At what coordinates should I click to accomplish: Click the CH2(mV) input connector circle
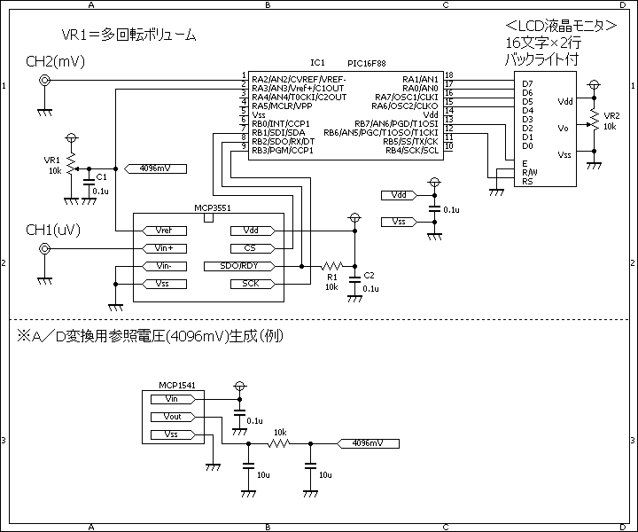[x=44, y=80]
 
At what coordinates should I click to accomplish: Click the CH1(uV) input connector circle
[x=44, y=248]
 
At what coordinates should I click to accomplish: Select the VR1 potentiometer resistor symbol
[x=72, y=164]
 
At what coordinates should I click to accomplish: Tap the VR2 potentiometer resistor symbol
[x=594, y=120]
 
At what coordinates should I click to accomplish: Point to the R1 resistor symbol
[x=331, y=266]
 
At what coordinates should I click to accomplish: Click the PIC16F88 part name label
[x=367, y=64]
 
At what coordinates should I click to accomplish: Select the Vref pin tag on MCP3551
[x=165, y=231]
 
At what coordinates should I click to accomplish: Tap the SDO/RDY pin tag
[x=239, y=266]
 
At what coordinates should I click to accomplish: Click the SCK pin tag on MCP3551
[x=253, y=284]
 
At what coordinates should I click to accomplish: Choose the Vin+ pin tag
[x=165, y=248]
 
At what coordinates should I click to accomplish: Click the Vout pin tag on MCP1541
[x=173, y=417]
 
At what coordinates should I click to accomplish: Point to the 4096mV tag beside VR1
[x=155, y=168]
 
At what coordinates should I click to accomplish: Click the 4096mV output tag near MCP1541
[x=368, y=443]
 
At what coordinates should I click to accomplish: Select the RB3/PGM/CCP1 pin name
[x=283, y=151]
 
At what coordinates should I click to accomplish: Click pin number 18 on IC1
[x=448, y=74]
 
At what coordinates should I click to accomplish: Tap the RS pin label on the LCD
[x=527, y=182]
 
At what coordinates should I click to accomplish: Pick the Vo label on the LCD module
[x=564, y=129]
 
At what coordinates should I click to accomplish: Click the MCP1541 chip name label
[x=177, y=386]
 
